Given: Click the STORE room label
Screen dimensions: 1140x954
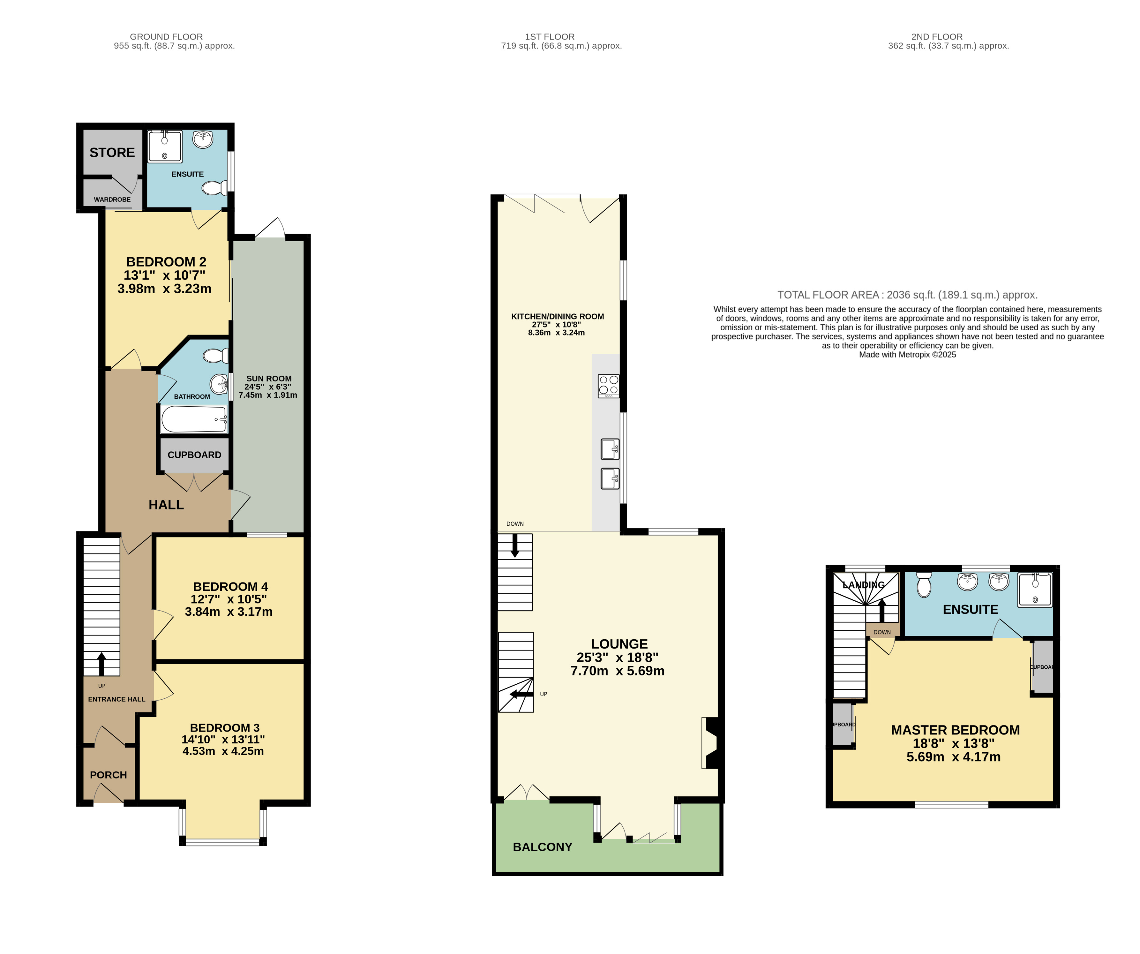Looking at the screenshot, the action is tap(112, 153).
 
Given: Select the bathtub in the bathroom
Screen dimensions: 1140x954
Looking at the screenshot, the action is tap(194, 419).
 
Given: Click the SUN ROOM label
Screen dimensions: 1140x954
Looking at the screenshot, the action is tap(269, 379).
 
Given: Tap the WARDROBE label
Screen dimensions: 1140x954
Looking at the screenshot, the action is tap(112, 199).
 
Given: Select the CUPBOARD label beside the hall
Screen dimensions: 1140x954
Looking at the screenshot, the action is tap(194, 455).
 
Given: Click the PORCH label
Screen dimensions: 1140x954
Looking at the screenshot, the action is tap(109, 775).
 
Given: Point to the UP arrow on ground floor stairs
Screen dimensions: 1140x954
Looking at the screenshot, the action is tap(101, 664).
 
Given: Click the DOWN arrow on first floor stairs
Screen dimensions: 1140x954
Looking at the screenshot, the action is tap(515, 545).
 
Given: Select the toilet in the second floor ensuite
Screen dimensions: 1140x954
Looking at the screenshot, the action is tap(924, 584).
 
